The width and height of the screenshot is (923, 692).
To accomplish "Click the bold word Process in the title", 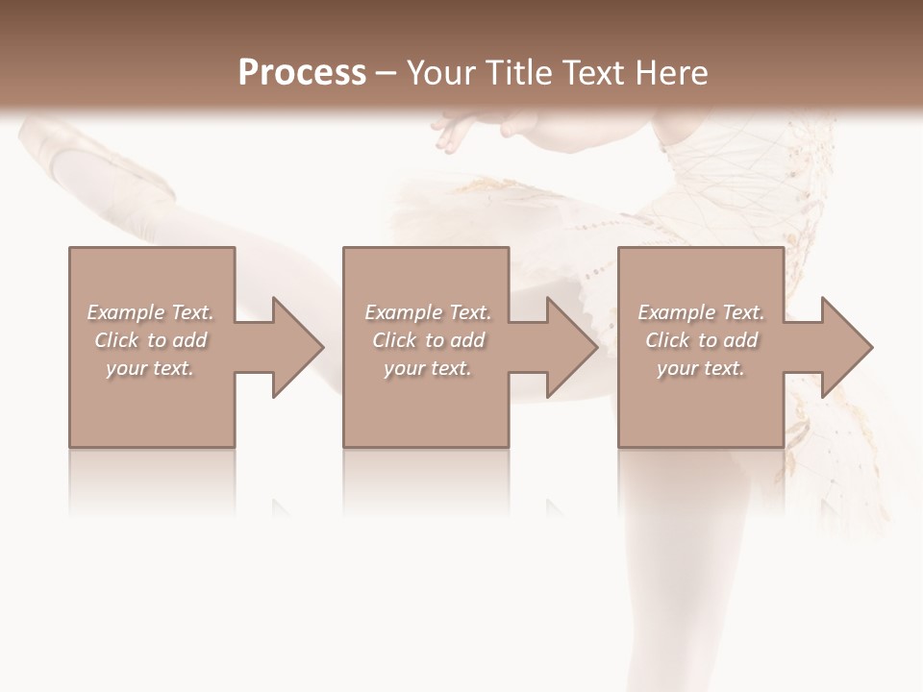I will [x=302, y=73].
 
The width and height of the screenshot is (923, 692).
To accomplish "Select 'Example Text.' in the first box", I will [x=150, y=312].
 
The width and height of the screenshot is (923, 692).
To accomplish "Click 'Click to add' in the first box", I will [x=151, y=340].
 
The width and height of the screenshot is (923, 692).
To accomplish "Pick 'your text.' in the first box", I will [x=150, y=368].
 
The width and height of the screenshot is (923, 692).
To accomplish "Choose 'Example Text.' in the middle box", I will [x=428, y=312].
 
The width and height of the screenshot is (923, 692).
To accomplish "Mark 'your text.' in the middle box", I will [x=428, y=368].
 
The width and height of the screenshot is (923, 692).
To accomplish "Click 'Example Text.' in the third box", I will [x=701, y=312].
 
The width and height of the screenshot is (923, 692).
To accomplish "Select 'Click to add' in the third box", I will [x=702, y=340].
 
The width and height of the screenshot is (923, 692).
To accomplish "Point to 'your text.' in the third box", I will [x=701, y=368].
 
